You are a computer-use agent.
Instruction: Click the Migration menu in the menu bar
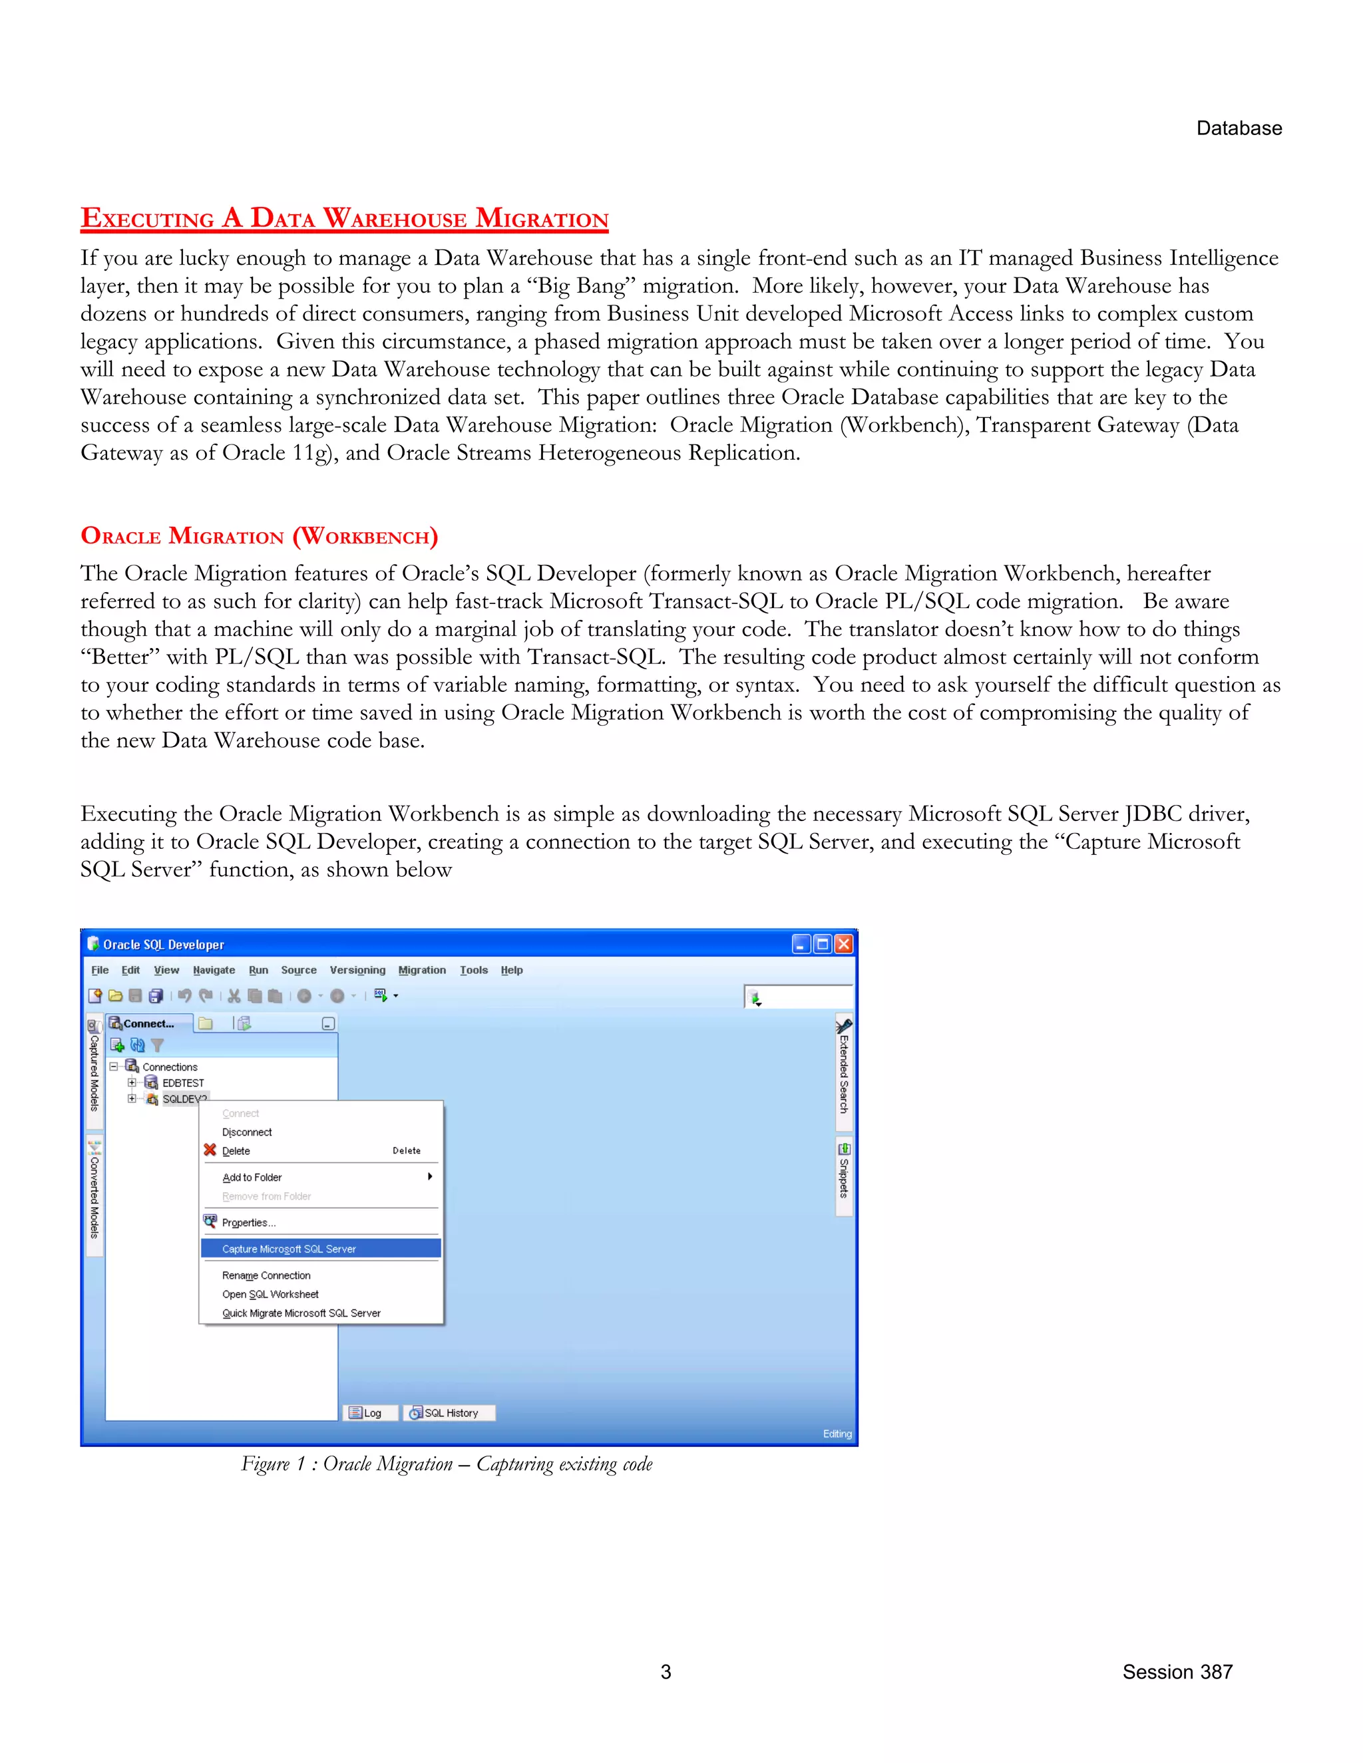[421, 969]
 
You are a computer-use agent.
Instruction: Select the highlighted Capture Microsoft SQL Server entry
[289, 1249]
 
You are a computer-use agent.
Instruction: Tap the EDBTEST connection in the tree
[182, 1082]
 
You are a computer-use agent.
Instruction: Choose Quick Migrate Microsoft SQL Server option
[301, 1313]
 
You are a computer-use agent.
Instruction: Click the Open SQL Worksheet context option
[270, 1294]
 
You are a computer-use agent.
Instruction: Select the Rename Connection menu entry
[266, 1275]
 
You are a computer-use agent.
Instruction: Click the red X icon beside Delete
[210, 1150]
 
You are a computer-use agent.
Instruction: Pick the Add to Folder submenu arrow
[429, 1176]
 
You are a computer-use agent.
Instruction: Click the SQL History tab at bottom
[450, 1412]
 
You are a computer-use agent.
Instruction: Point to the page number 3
[666, 1672]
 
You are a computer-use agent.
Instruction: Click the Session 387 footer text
[1177, 1672]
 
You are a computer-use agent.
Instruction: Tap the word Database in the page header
[1239, 128]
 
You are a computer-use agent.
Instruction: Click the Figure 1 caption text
[447, 1464]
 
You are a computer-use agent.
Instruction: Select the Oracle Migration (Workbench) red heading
[259, 536]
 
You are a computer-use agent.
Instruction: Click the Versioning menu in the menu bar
[357, 969]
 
